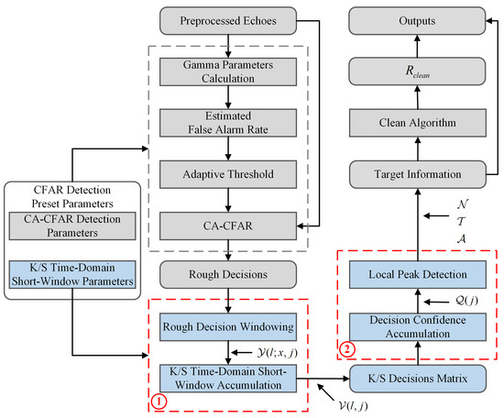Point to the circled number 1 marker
click(159, 401)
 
